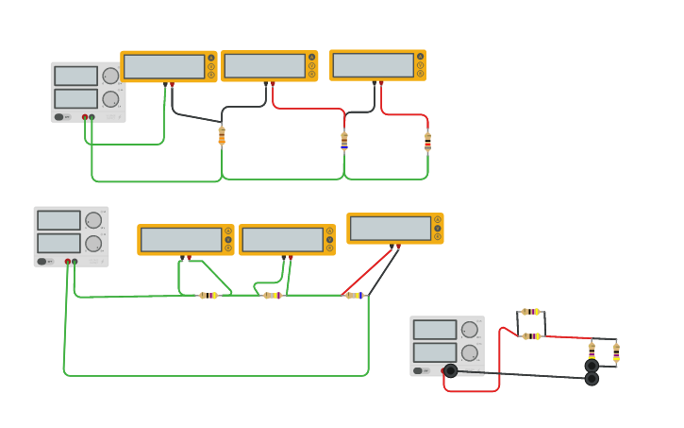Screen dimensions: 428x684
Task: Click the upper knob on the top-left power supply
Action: pyautogui.click(x=110, y=76)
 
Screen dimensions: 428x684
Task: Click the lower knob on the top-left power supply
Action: pyautogui.click(x=110, y=98)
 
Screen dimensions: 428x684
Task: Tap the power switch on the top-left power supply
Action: pyautogui.click(x=59, y=117)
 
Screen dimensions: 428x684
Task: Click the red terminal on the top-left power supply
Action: pyautogui.click(x=85, y=117)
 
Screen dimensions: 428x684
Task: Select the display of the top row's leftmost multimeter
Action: pyautogui.click(x=164, y=66)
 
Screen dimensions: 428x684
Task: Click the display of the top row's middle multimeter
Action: pyautogui.click(x=264, y=66)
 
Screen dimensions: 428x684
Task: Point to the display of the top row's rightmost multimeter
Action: pyautogui.click(x=374, y=65)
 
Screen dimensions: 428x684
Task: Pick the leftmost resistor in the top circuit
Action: pyautogui.click(x=222, y=136)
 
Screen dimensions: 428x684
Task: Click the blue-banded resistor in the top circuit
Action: pyautogui.click(x=344, y=141)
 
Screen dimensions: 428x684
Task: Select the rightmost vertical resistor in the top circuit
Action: pyautogui.click(x=427, y=142)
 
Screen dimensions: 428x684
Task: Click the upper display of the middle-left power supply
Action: pyautogui.click(x=58, y=220)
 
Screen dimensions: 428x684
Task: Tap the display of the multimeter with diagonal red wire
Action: pyautogui.click(x=390, y=228)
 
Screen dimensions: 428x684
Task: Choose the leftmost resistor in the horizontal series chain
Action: pyautogui.click(x=209, y=296)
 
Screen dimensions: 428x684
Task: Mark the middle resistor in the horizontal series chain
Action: pyautogui.click(x=273, y=296)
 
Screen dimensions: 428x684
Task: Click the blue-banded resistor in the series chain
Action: pyautogui.click(x=355, y=296)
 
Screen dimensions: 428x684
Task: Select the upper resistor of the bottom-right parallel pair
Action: pyautogui.click(x=531, y=312)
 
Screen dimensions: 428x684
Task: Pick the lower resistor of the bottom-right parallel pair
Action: pyautogui.click(x=532, y=336)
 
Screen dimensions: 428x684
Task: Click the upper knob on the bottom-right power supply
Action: pyautogui.click(x=469, y=330)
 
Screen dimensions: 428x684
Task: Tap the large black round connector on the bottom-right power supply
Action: pyautogui.click(x=450, y=370)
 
